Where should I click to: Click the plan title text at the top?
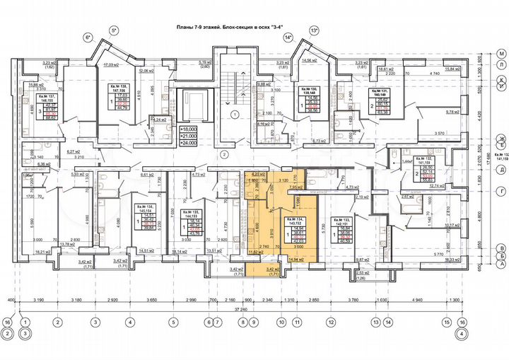click(254, 28)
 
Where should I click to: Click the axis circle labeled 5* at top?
click(112, 30)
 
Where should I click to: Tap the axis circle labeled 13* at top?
click(314, 30)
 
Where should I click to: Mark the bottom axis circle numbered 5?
click(170, 323)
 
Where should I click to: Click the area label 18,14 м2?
click(180, 251)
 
